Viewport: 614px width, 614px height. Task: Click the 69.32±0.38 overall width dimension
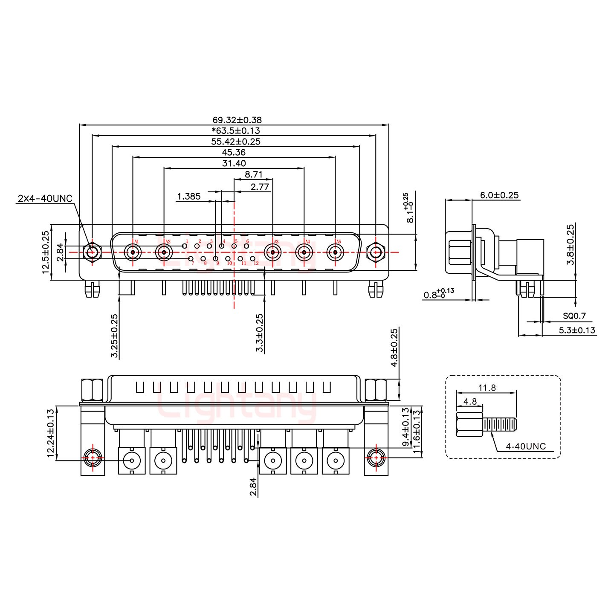coord(237,120)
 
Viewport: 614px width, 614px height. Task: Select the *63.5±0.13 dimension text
coord(236,131)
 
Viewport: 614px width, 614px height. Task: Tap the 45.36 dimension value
coord(234,152)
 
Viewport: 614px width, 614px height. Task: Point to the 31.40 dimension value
coord(234,163)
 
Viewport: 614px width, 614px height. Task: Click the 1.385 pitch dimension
coord(189,197)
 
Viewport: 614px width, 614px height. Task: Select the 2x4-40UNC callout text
coord(45,199)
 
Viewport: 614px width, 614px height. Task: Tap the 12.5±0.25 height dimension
coord(46,252)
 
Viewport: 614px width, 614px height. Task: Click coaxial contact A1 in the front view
coord(133,253)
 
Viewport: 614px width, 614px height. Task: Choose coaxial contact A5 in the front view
coord(335,253)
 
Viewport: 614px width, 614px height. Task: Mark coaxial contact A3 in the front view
coord(273,253)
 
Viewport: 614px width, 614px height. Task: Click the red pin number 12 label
coord(256,264)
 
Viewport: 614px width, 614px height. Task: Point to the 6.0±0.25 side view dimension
coord(499,195)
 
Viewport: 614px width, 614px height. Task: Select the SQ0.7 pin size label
coord(574,316)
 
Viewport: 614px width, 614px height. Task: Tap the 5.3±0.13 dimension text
coord(576,330)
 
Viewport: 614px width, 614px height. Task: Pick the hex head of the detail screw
coord(469,425)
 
